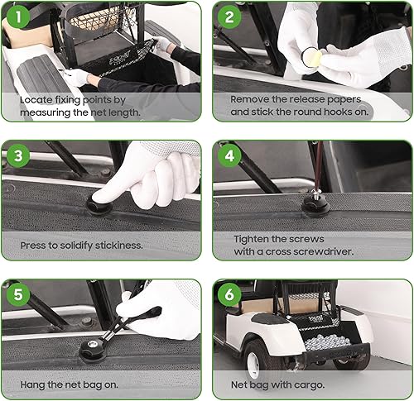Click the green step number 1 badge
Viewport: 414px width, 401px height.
tap(18, 17)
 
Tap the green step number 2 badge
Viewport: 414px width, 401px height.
tap(229, 17)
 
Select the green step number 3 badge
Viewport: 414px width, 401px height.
tap(18, 156)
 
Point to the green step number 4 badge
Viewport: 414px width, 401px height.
tap(229, 156)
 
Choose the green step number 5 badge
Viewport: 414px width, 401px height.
tap(18, 294)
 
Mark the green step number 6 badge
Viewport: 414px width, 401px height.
tap(229, 294)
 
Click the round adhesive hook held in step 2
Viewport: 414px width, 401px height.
tap(311, 57)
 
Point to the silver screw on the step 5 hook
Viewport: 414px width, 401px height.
tap(92, 343)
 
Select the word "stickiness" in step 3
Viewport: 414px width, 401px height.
tap(119, 246)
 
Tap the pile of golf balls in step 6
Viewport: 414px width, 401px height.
tap(327, 342)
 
